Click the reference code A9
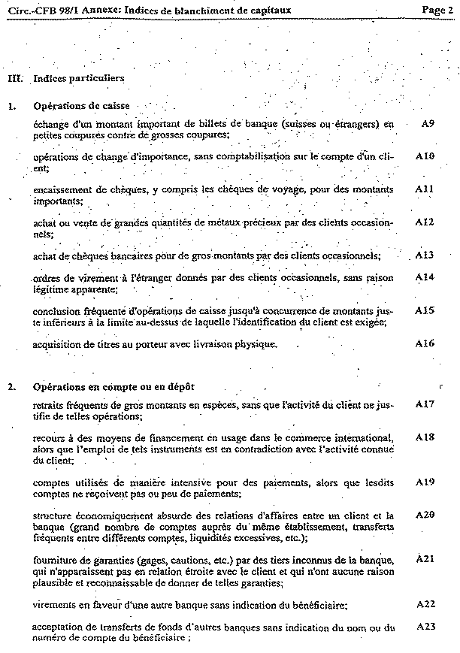[426, 123]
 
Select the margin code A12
[425, 222]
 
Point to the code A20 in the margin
[425, 515]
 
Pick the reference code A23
[425, 626]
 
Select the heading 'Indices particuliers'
[79, 78]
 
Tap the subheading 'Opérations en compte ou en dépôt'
[113, 387]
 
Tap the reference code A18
[425, 437]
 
